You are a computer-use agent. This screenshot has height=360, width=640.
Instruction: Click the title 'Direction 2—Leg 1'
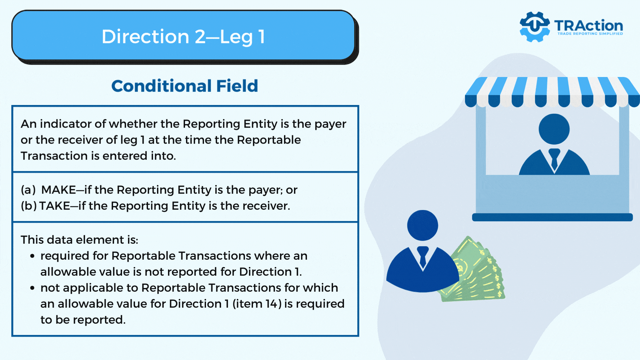(x=183, y=36)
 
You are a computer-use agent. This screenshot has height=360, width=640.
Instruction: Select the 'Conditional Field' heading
(x=185, y=86)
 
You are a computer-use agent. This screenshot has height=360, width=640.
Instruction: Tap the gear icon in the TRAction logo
(x=535, y=27)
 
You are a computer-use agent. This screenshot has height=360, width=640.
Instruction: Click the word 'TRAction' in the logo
(x=589, y=25)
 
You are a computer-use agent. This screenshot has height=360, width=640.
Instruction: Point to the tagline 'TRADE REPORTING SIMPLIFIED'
(x=590, y=34)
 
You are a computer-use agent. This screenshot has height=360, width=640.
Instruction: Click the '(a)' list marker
(x=28, y=190)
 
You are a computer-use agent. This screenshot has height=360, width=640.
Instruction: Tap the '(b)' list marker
(x=29, y=206)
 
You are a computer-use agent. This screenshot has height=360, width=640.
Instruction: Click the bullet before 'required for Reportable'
(x=32, y=256)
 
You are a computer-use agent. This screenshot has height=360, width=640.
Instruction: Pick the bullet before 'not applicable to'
(x=32, y=288)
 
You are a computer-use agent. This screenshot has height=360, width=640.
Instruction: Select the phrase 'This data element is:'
(x=79, y=240)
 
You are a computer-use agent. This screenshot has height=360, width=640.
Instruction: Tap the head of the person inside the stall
(x=554, y=129)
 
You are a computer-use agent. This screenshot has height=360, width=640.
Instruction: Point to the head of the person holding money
(x=423, y=225)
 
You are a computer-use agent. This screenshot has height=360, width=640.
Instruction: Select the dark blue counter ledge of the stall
(x=552, y=217)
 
